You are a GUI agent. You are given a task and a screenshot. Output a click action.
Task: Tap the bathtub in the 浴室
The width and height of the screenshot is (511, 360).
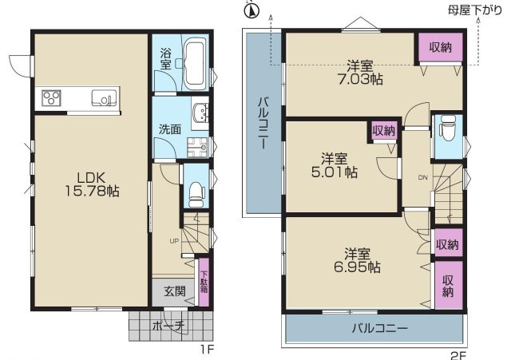click(195, 63)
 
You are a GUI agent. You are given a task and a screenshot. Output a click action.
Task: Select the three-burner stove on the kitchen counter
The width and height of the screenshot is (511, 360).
click(51, 97)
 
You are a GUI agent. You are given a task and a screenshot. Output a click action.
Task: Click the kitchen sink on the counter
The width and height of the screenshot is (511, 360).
click(104, 97)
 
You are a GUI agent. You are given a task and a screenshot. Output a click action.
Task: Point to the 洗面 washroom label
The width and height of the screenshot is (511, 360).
click(170, 129)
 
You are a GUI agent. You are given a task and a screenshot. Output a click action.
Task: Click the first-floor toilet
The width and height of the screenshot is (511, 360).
click(196, 195)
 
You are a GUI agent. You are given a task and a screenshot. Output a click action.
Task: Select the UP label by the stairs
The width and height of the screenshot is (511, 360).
click(174, 241)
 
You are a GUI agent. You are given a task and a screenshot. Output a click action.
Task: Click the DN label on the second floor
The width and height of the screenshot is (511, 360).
click(422, 178)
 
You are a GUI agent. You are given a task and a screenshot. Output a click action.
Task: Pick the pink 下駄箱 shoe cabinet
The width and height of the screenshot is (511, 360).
click(204, 282)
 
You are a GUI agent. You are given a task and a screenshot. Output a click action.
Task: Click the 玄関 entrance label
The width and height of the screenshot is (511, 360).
click(175, 291)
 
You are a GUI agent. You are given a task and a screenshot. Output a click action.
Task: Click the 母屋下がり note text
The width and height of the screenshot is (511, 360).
click(475, 10)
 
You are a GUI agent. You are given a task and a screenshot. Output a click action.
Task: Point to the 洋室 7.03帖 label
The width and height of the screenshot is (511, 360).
click(360, 73)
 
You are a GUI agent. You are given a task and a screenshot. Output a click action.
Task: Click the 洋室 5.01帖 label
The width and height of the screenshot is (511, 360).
click(335, 165)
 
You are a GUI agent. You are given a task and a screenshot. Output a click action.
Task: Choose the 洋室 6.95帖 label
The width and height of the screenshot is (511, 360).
click(357, 260)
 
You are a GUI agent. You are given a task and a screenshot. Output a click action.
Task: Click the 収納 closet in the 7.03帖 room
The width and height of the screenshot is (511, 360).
click(440, 47)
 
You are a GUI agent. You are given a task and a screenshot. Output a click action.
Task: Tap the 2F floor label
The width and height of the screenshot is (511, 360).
click(459, 355)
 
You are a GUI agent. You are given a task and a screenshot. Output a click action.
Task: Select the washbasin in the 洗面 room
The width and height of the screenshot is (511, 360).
click(200, 112)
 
